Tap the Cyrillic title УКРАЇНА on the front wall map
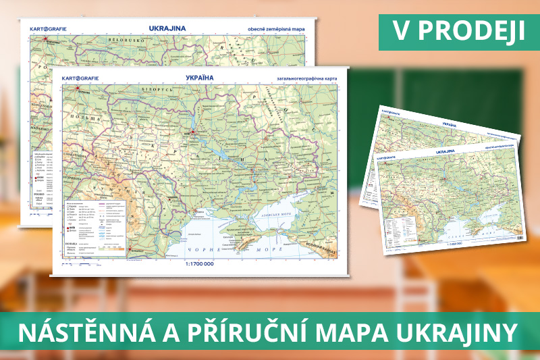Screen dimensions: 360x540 click(199, 78)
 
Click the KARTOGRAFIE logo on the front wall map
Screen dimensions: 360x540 click(80, 78)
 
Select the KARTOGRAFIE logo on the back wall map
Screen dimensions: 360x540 click(48, 28)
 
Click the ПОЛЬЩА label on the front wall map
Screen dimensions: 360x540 click(74, 126)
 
